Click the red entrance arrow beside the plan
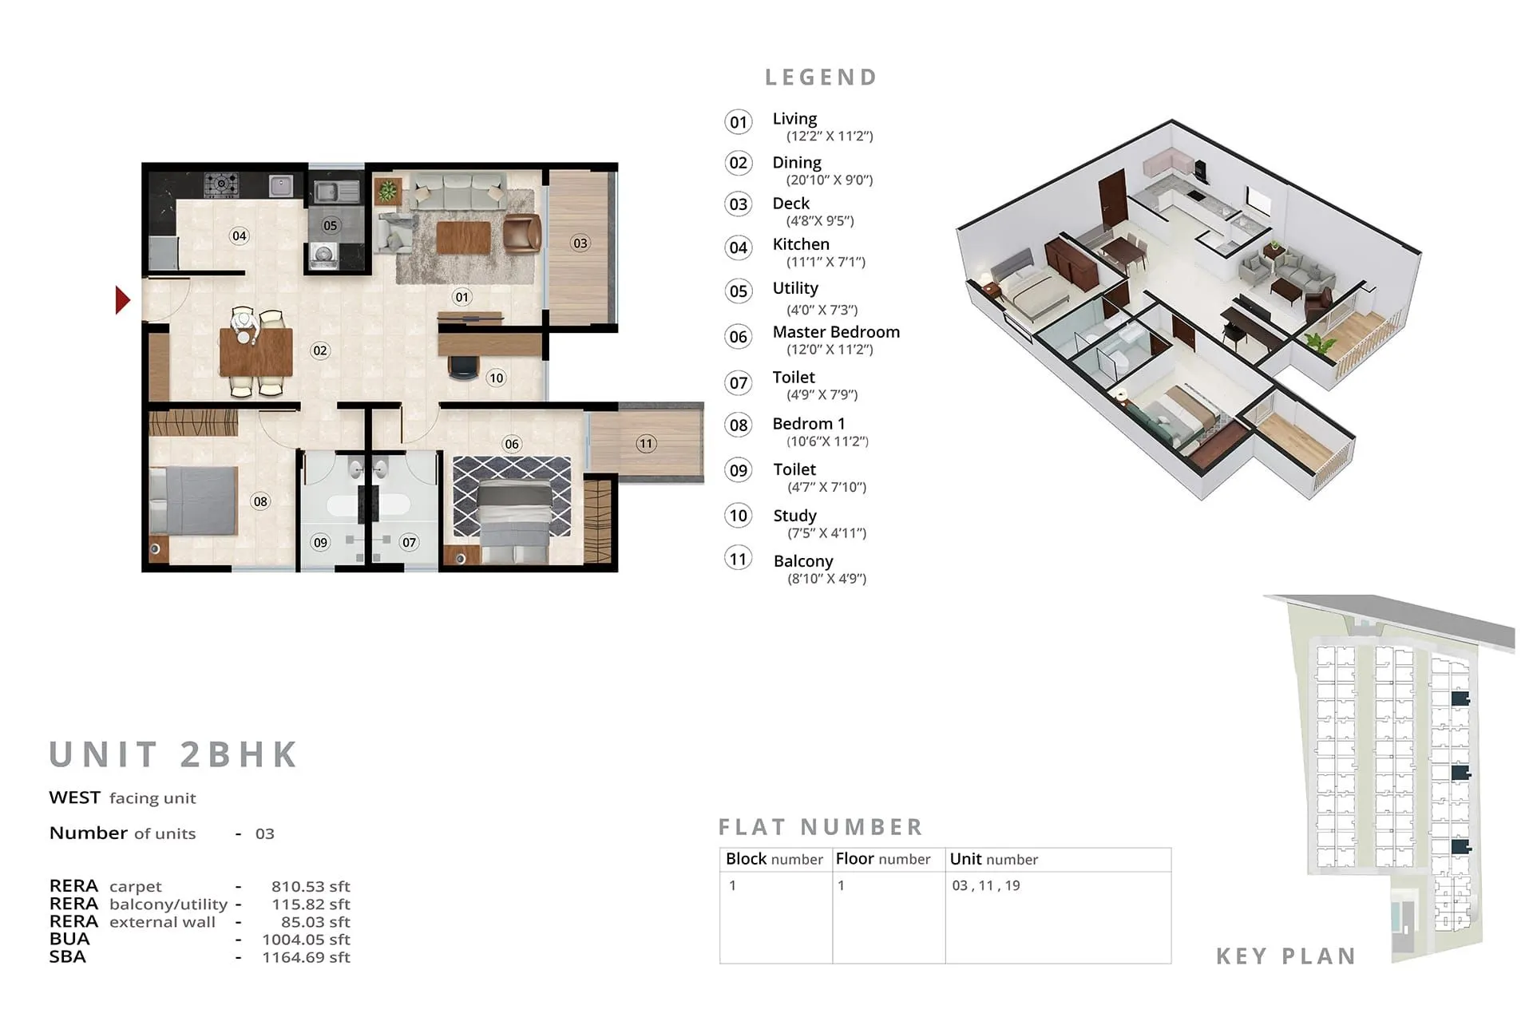pyautogui.click(x=122, y=300)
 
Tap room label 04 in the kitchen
pyautogui.click(x=239, y=235)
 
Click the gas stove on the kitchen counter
pyautogui.click(x=220, y=185)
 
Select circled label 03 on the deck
pyautogui.click(x=580, y=243)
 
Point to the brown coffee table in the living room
pyautogui.click(x=463, y=237)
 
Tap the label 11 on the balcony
pyautogui.click(x=646, y=443)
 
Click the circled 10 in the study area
pyautogui.click(x=497, y=378)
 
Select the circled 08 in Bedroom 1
pyautogui.click(x=260, y=501)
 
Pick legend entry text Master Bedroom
pyautogui.click(x=835, y=332)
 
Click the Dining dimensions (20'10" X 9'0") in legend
pyautogui.click(x=829, y=180)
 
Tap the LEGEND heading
pyautogui.click(x=822, y=77)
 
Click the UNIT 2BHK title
pyautogui.click(x=173, y=754)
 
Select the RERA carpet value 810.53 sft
pyautogui.click(x=311, y=886)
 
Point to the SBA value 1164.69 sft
pyautogui.click(x=306, y=957)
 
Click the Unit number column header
pyautogui.click(x=993, y=860)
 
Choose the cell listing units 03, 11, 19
pyautogui.click(x=986, y=885)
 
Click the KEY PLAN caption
pyautogui.click(x=1285, y=956)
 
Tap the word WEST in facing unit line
pyautogui.click(x=74, y=798)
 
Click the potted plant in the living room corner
pyautogui.click(x=387, y=190)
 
